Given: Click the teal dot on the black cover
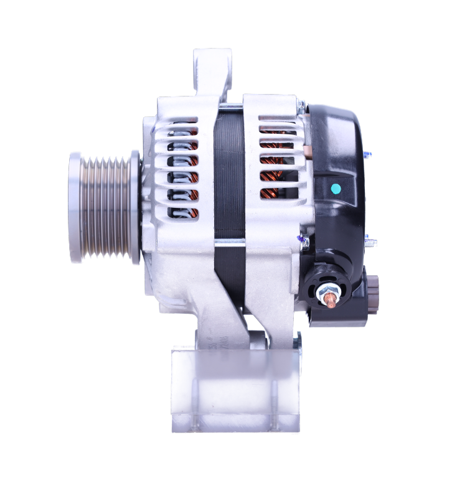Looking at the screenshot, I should [336, 188].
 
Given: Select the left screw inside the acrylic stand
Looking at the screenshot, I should [197, 405].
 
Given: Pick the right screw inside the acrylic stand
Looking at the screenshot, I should [275, 405].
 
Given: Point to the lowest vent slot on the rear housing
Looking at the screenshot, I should [278, 194].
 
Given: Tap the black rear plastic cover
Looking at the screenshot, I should [339, 156].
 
